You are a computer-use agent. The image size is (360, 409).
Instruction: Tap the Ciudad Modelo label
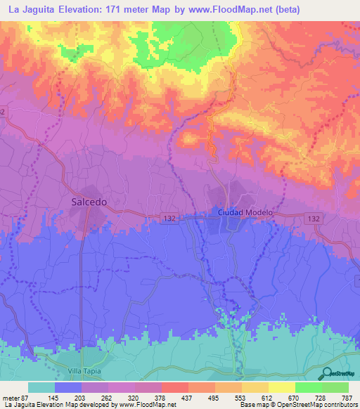click(243, 212)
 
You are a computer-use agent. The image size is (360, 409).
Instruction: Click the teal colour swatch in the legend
click(41, 387)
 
